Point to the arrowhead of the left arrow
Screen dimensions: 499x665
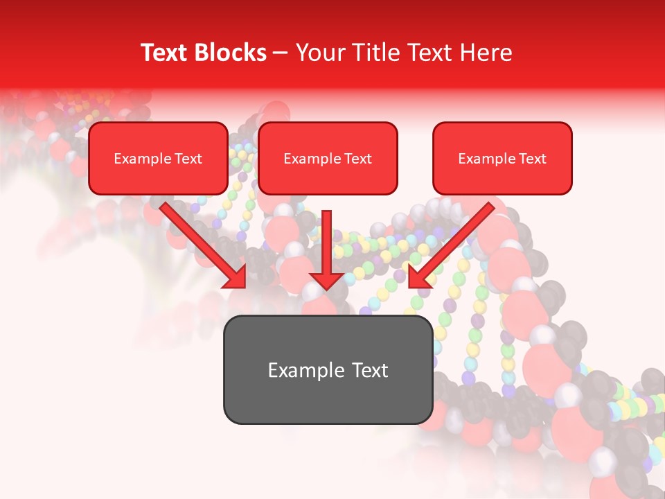click(236, 277)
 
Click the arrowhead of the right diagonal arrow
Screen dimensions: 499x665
click(418, 277)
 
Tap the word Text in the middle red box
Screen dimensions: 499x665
click(357, 159)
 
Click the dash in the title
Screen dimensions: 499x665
click(281, 53)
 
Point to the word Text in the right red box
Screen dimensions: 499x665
click(533, 159)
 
